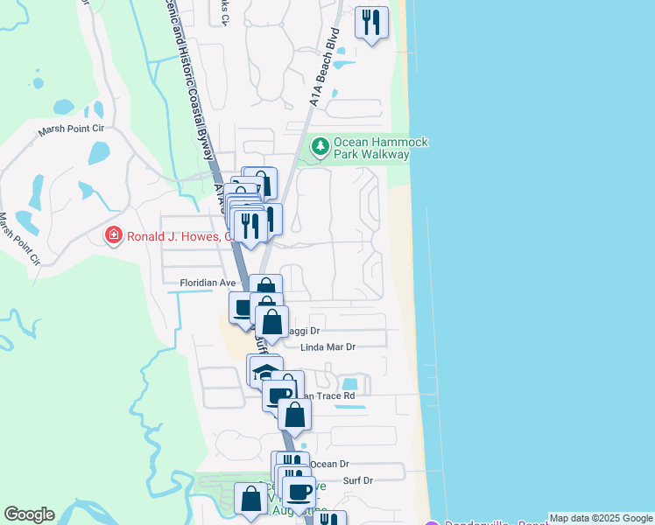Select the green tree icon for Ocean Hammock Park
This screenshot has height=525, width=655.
tap(320, 145)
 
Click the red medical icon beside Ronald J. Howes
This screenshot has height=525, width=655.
tap(113, 235)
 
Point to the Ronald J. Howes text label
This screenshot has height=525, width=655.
tap(180, 235)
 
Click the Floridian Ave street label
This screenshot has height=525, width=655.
tap(208, 283)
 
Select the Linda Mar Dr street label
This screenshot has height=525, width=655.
tap(328, 347)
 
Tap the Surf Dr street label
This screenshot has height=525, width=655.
tap(358, 480)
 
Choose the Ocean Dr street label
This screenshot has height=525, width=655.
tap(330, 464)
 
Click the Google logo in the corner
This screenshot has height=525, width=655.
tap(29, 514)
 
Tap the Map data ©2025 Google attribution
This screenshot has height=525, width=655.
tap(601, 518)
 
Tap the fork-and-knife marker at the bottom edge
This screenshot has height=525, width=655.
tap(330, 520)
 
